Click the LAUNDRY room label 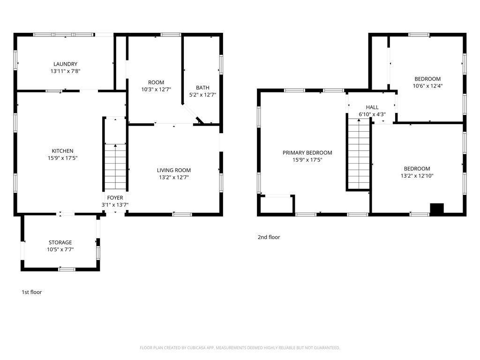tap(65, 64)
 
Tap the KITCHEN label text tap(62, 151)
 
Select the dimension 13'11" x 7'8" tap(65, 71)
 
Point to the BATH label tap(202, 88)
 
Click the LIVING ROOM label tap(174, 170)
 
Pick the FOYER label tap(115, 198)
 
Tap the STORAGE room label tap(60, 242)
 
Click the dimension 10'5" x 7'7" tap(60, 249)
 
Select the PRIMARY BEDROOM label tap(307, 153)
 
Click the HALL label tap(372, 107)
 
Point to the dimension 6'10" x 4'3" tap(372, 114)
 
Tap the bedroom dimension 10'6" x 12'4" tap(427, 86)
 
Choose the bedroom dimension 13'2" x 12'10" tap(417, 176)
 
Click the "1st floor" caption tap(31, 292)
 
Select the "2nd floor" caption tap(269, 237)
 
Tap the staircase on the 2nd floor tap(359, 154)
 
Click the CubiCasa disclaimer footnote tap(240, 348)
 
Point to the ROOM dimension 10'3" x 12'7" tap(156, 90)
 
